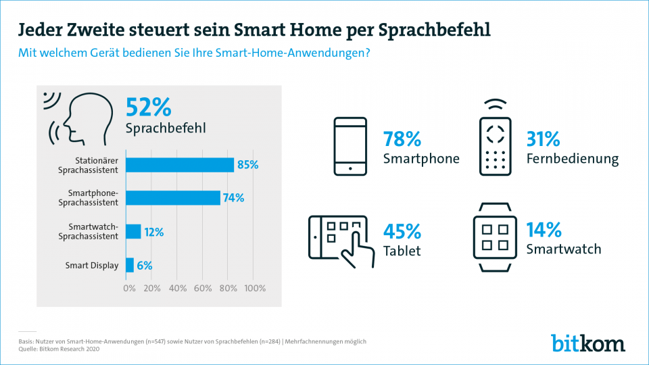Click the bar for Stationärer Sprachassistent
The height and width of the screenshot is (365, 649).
tap(180, 165)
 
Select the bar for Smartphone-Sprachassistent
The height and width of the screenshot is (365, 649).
tap(173, 197)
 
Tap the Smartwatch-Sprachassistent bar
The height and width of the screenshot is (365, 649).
tap(133, 231)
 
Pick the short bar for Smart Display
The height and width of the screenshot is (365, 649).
tap(130, 265)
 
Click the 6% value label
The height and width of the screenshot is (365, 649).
tap(145, 265)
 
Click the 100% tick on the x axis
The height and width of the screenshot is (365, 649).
tap(254, 288)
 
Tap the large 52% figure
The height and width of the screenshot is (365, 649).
tap(149, 107)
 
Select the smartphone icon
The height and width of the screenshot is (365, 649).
tap(350, 147)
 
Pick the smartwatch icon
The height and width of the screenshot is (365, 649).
tap(494, 237)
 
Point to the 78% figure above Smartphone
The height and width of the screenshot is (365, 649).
tap(402, 139)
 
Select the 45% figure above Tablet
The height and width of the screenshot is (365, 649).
tap(402, 231)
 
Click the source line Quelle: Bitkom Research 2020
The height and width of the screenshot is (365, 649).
tap(59, 349)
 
